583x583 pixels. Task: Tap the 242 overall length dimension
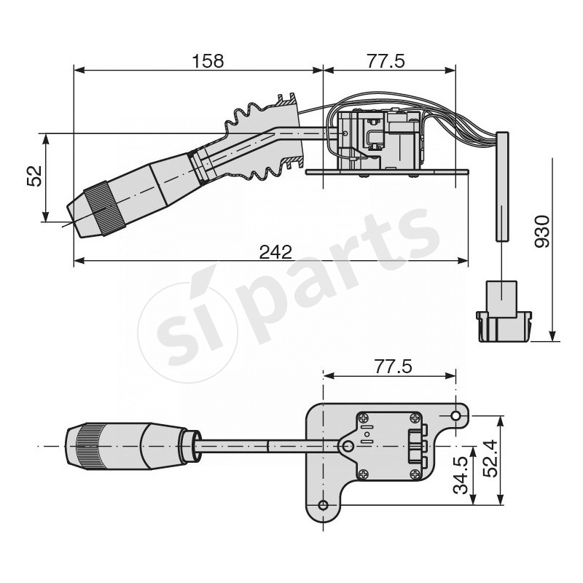click(275, 251)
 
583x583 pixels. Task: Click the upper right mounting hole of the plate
click(455, 415)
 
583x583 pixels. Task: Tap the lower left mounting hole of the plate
click(323, 505)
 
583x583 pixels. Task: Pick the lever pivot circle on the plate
click(348, 446)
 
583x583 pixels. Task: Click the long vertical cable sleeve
click(502, 187)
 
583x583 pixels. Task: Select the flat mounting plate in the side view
click(386, 173)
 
